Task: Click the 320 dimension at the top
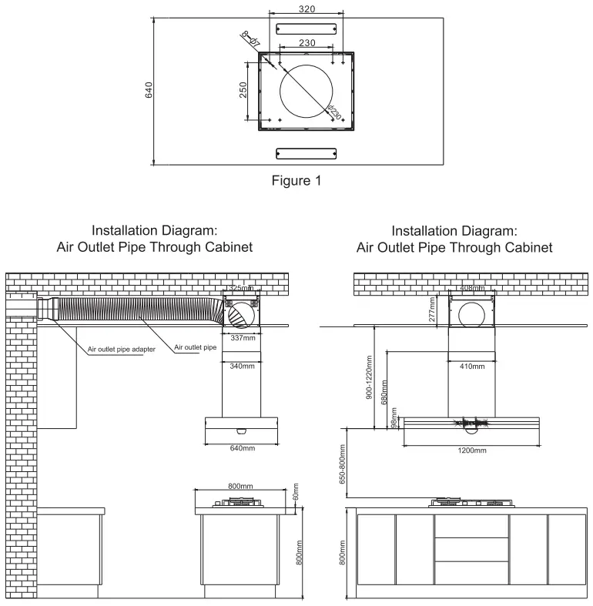coord(307,8)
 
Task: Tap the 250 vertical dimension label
coord(243,91)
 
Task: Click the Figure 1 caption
coord(296,180)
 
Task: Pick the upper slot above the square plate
coord(307,28)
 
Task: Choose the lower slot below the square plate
coord(307,153)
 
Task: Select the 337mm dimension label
coord(243,337)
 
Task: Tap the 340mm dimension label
coord(243,366)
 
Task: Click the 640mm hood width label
coord(243,448)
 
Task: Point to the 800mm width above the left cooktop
coord(241,486)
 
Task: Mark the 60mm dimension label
coord(295,491)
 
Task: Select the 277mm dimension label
coord(433,311)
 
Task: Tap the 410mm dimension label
coord(472,366)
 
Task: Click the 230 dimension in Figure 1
coord(307,43)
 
